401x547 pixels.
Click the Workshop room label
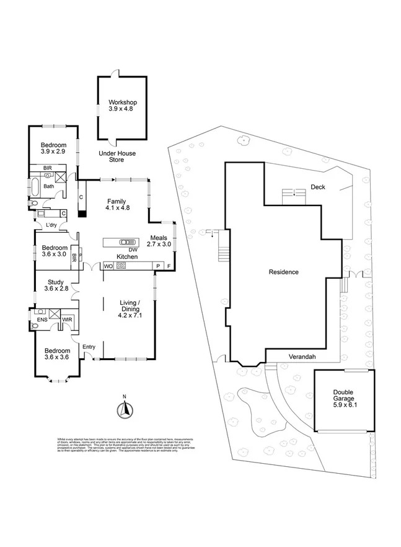(122, 106)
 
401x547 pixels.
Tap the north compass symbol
(124, 409)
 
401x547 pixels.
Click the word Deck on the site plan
(319, 187)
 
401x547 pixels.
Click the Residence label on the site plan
(283, 272)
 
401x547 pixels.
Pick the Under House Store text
(117, 156)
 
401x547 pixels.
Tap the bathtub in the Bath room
(34, 186)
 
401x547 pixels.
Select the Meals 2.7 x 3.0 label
(159, 241)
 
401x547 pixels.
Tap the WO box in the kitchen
(108, 266)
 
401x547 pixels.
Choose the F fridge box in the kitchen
(168, 266)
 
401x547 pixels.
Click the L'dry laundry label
(42, 225)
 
